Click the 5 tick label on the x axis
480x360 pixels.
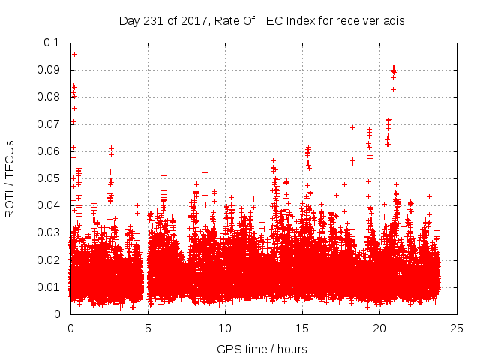pos(148,328)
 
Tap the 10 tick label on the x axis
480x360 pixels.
pos(225,328)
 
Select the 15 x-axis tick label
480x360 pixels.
pos(302,328)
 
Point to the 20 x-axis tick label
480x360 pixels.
pos(379,328)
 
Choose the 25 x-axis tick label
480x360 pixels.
pos(457,328)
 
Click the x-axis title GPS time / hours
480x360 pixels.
pos(262,349)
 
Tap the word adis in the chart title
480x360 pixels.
pos(394,21)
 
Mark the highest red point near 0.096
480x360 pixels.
pos(74,54)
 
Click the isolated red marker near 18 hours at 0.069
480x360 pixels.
pos(352,127)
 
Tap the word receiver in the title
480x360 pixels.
pos(357,21)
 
